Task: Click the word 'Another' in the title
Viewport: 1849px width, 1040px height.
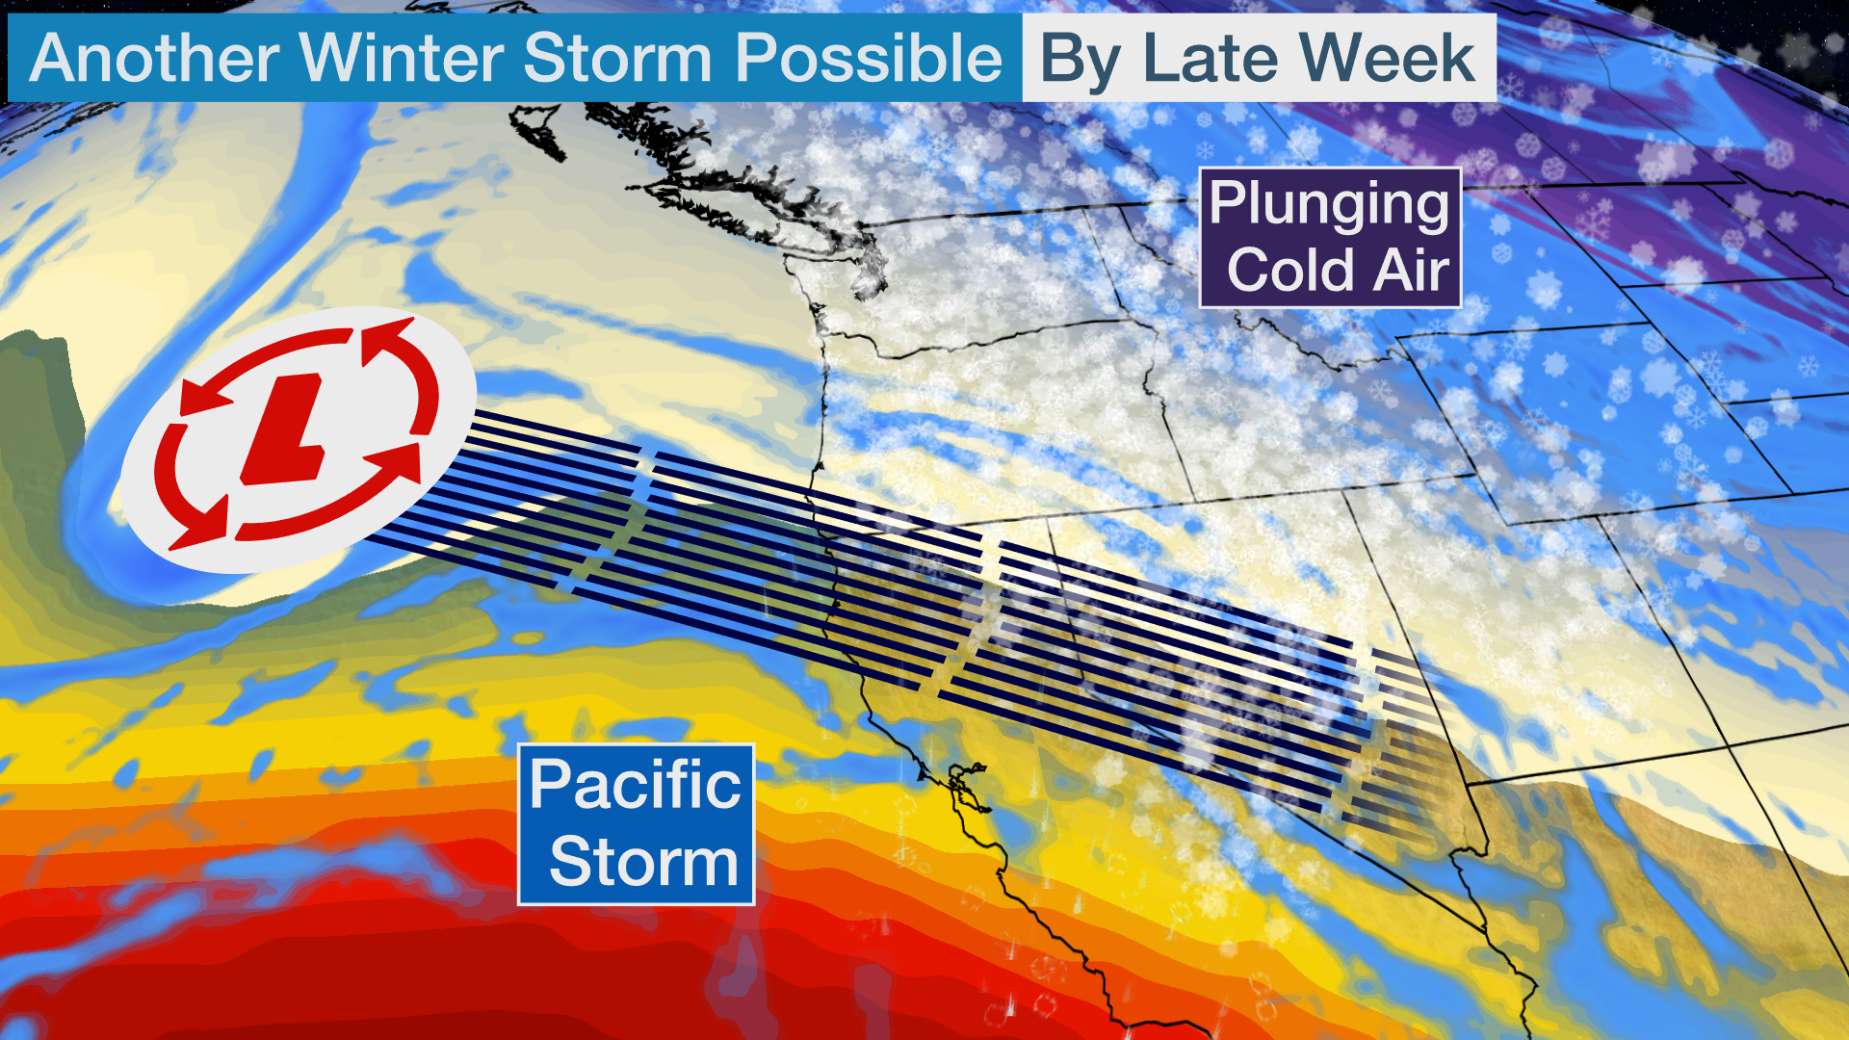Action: pos(154,58)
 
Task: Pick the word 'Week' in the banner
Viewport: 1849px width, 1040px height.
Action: pos(1389,58)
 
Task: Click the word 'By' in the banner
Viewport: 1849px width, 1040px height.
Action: pos(1080,60)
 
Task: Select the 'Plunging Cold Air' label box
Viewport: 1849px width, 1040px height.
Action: pos(1330,238)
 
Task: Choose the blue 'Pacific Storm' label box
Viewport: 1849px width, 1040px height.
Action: pos(636,824)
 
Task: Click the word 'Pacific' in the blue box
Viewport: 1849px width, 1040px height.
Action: pos(636,785)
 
